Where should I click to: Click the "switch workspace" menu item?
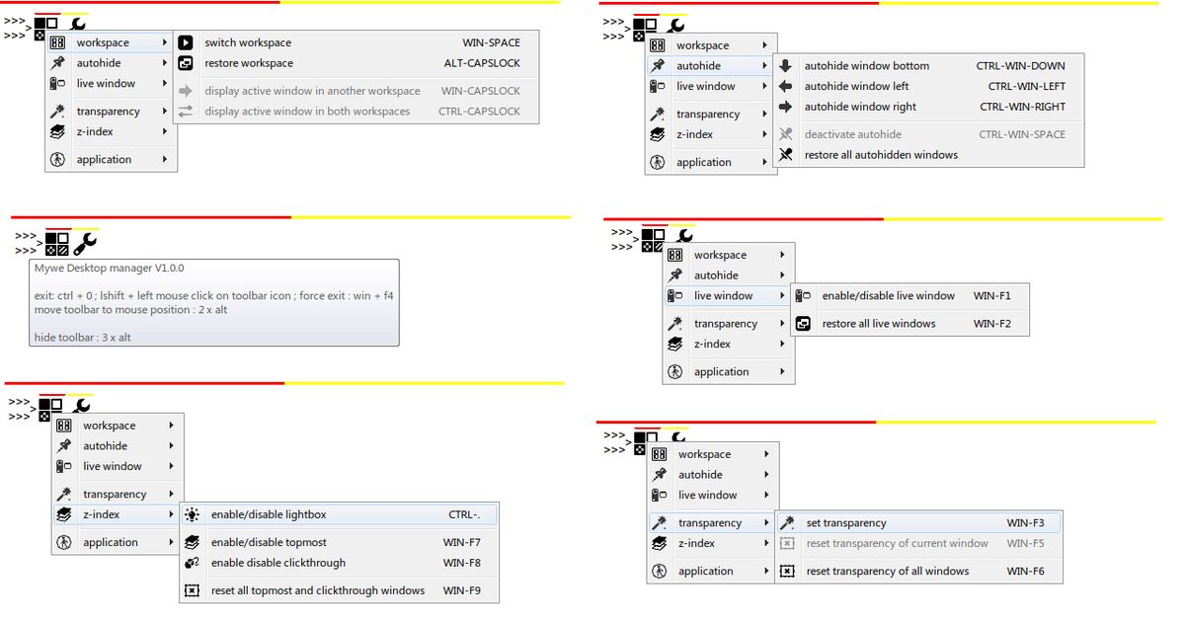(x=248, y=42)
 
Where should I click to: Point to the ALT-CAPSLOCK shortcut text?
(x=482, y=63)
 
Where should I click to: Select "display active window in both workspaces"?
(x=307, y=111)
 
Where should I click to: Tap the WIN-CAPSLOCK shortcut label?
(x=480, y=91)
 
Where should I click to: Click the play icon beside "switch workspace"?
(x=186, y=42)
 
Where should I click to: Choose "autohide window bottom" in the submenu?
(x=867, y=65)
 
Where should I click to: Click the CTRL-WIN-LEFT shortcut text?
(x=1027, y=86)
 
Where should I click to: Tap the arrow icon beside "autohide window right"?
(x=786, y=107)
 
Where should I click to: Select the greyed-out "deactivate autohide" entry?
(x=853, y=134)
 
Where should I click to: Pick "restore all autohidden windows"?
(x=881, y=155)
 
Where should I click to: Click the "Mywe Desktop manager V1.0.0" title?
(x=109, y=268)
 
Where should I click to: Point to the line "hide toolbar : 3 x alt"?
(x=83, y=338)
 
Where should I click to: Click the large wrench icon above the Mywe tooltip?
(x=85, y=243)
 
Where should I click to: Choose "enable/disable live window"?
(x=888, y=295)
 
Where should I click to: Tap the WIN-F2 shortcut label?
(x=991, y=324)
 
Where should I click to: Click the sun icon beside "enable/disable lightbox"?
(x=192, y=514)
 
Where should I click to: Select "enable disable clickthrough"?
(x=278, y=563)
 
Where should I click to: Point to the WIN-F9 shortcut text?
(x=462, y=590)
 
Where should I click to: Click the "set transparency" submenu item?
(x=846, y=523)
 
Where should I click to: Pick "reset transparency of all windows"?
(x=888, y=572)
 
